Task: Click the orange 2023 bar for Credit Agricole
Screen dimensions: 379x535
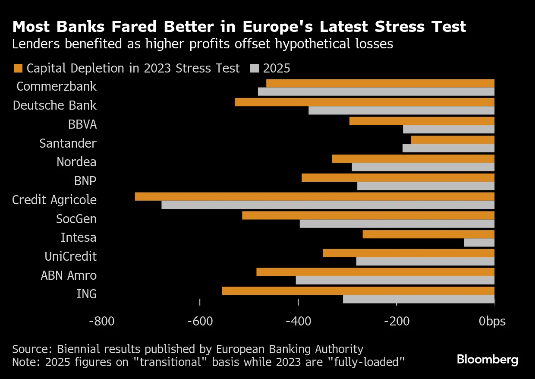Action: pyautogui.click(x=315, y=196)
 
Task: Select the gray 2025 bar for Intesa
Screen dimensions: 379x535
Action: pyautogui.click(x=479, y=243)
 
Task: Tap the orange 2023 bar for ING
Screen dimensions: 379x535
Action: pyautogui.click(x=358, y=291)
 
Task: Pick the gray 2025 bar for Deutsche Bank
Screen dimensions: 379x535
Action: pyautogui.click(x=401, y=111)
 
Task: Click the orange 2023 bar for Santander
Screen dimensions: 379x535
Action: pyautogui.click(x=453, y=140)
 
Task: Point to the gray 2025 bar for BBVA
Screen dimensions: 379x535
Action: pyautogui.click(x=448, y=129)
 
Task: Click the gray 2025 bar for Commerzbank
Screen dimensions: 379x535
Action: pyautogui.click(x=376, y=92)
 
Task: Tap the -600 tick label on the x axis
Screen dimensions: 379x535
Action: pyautogui.click(x=200, y=322)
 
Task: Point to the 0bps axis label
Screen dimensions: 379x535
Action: pyautogui.click(x=492, y=322)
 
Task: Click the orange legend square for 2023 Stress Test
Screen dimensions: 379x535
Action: pyautogui.click(x=18, y=68)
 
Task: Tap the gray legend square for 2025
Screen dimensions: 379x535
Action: pyautogui.click(x=255, y=68)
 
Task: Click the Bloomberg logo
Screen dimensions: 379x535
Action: pyautogui.click(x=488, y=360)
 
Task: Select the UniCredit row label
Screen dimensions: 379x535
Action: pyautogui.click(x=70, y=256)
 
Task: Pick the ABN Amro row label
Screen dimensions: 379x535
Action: pyautogui.click(x=69, y=275)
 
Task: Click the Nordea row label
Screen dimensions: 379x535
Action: pyautogui.click(x=76, y=162)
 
